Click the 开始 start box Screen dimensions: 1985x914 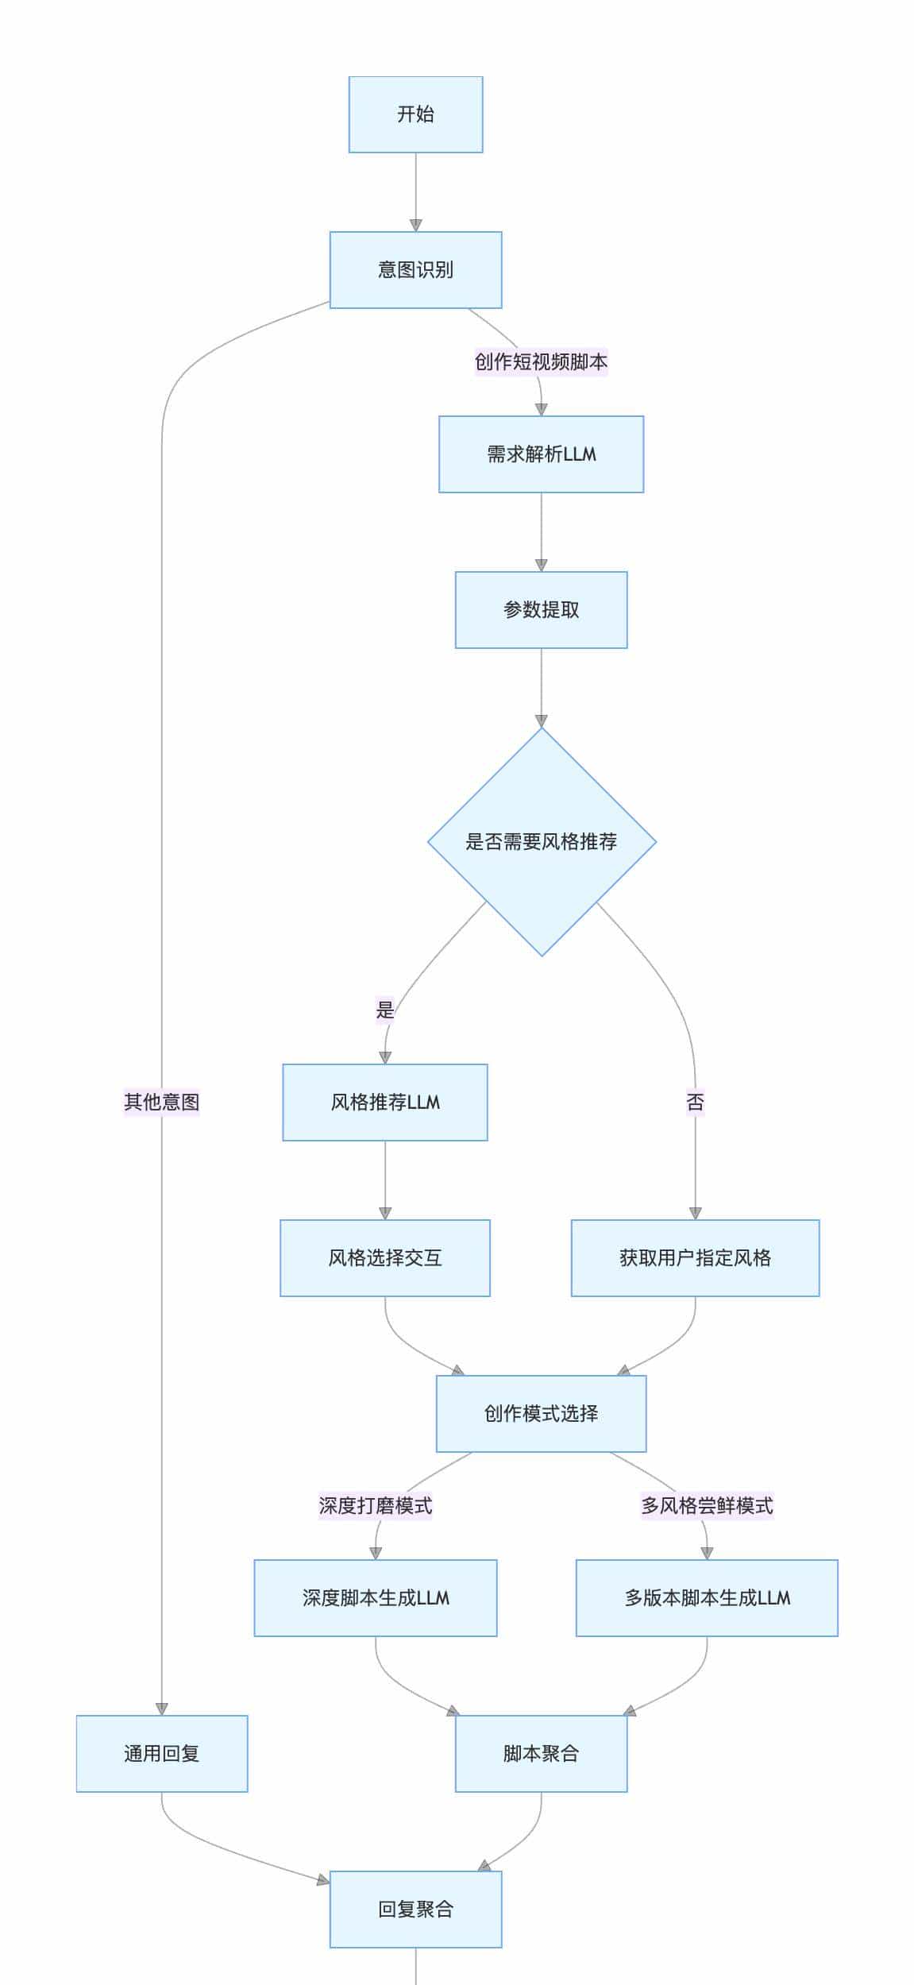[415, 114]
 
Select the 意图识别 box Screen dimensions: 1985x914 [415, 270]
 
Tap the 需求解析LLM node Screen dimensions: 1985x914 [541, 454]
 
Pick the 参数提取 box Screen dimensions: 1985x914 [541, 610]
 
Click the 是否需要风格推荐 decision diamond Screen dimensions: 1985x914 [542, 842]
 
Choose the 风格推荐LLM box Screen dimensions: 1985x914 [385, 1103]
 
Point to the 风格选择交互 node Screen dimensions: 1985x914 [385, 1258]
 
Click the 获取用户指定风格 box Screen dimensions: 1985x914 [695, 1258]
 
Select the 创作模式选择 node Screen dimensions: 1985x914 [541, 1414]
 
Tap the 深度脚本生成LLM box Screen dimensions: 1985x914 [376, 1598]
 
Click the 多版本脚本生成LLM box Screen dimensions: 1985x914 [707, 1598]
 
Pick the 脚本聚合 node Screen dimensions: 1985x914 [541, 1754]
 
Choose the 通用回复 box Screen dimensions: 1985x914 [162, 1754]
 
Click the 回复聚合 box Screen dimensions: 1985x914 [415, 1910]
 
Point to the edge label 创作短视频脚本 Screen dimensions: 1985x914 [541, 362]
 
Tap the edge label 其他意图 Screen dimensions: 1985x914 [162, 1103]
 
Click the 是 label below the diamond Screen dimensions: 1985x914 [385, 1010]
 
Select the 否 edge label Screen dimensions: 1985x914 [695, 1103]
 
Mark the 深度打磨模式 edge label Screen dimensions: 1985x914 [376, 1506]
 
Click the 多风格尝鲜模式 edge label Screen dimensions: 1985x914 [707, 1506]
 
